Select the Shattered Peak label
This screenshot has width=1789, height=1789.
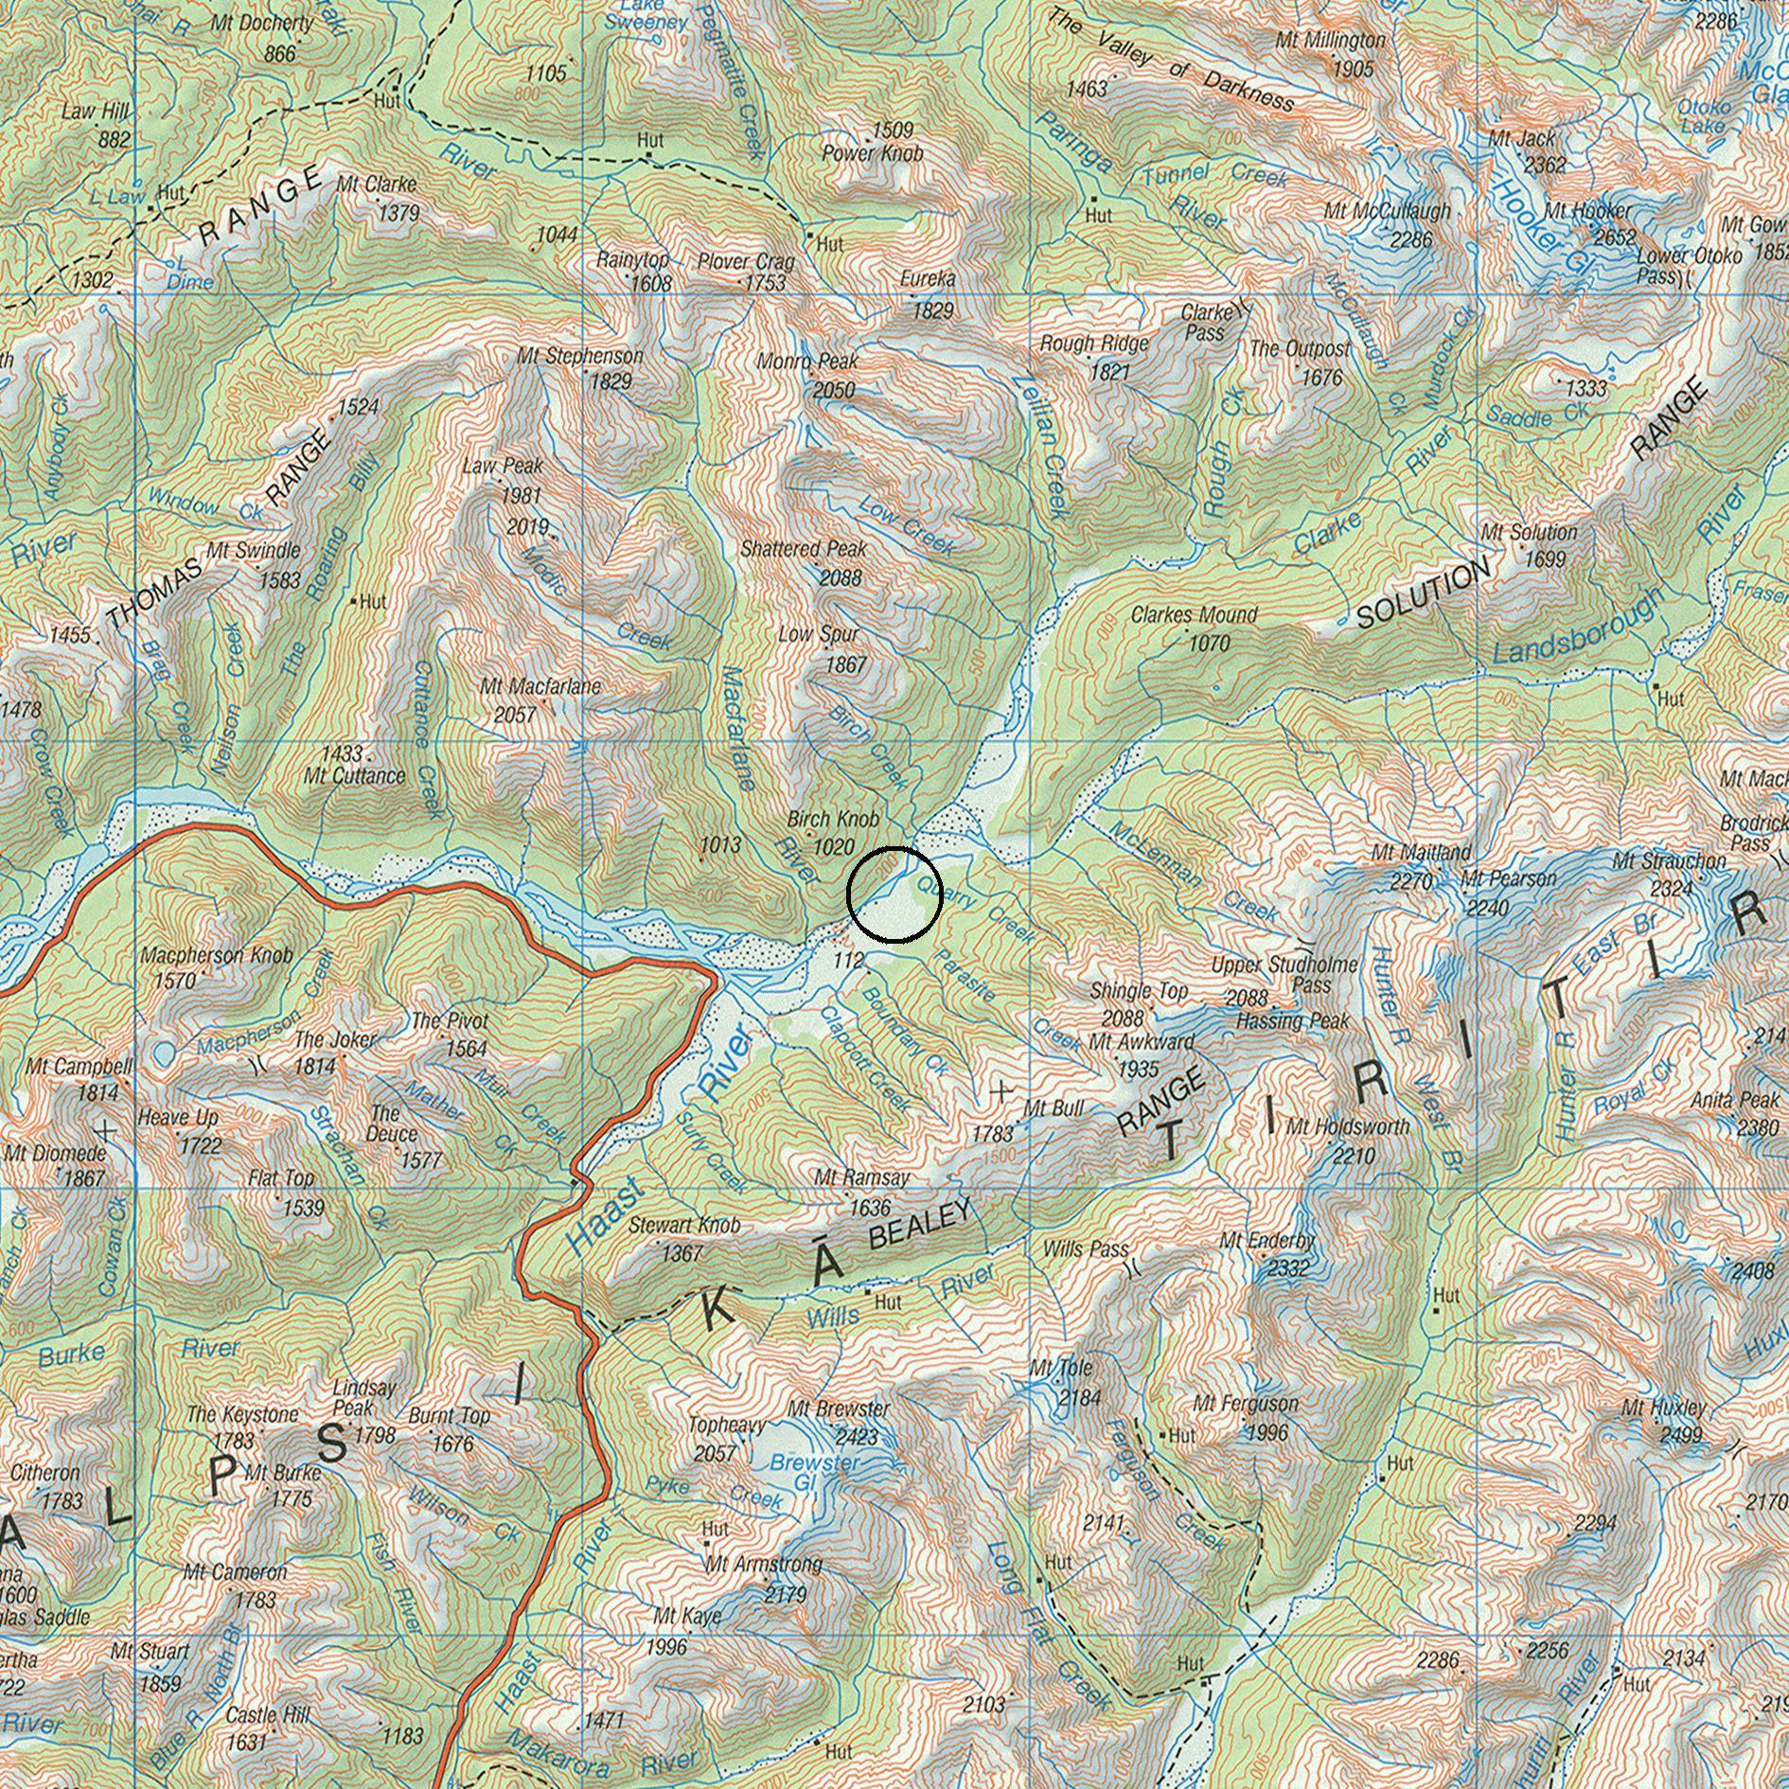tap(804, 549)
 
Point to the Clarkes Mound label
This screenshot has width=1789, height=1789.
tap(1194, 615)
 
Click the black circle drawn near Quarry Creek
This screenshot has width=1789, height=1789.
tap(894, 895)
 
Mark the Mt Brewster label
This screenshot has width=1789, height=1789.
tap(839, 1408)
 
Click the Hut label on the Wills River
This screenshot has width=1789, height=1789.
tap(888, 1302)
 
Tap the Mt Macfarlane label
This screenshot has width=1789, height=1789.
tap(540, 686)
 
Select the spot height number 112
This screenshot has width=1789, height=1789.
tap(848, 961)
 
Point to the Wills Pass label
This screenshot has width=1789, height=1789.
tap(1086, 1249)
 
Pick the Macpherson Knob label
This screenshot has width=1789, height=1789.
tap(217, 956)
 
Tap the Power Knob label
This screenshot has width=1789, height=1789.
tap(872, 152)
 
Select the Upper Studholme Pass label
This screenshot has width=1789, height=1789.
tap(1284, 975)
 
